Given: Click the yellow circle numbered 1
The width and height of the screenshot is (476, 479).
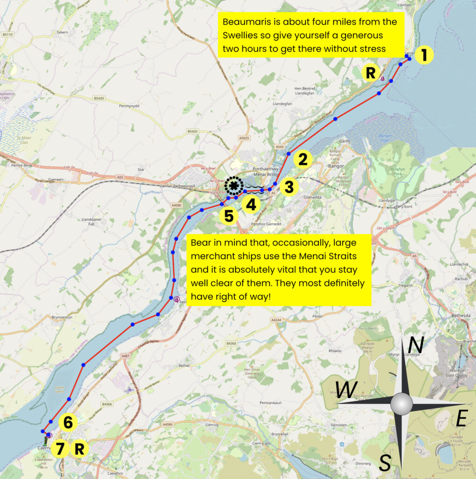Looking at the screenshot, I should coord(424,55).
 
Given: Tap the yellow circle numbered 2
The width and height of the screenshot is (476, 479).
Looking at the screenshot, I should coord(303,160).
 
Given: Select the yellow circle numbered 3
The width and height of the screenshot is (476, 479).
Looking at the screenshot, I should coord(289,187).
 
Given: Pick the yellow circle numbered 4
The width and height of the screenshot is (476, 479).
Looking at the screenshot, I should coord(251,204).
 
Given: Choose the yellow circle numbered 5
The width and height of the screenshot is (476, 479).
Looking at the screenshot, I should coord(229,216).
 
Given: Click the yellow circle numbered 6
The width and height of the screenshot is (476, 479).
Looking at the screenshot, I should coord(68,423).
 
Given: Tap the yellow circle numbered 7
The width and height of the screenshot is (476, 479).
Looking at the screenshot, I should coord(59,449).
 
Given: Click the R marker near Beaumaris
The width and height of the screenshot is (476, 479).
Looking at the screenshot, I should coord(370,73).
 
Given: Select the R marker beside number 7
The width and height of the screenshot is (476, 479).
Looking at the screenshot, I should coord(79,449).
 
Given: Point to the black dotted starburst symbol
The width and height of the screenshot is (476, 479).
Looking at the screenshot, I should coord(233,186).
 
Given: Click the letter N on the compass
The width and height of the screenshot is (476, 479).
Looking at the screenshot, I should coord(416,346).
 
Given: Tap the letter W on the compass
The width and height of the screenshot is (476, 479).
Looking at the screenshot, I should coord(346,390).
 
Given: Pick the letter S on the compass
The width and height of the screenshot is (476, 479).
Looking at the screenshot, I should coord(384,463).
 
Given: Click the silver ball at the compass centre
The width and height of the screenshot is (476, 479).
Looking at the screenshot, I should coord(401,403).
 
